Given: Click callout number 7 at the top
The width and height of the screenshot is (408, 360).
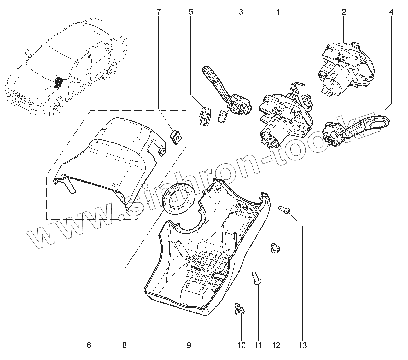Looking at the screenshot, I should click(158, 12).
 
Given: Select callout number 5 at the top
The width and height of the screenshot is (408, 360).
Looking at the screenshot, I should click(191, 12).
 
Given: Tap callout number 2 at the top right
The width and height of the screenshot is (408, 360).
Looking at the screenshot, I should click(343, 12).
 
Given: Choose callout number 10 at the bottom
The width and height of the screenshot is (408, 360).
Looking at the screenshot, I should click(242, 345).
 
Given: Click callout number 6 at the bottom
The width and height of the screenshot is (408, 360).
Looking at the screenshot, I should click(89, 345).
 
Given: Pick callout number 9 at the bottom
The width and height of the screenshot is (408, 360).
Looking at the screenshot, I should click(189, 345).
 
